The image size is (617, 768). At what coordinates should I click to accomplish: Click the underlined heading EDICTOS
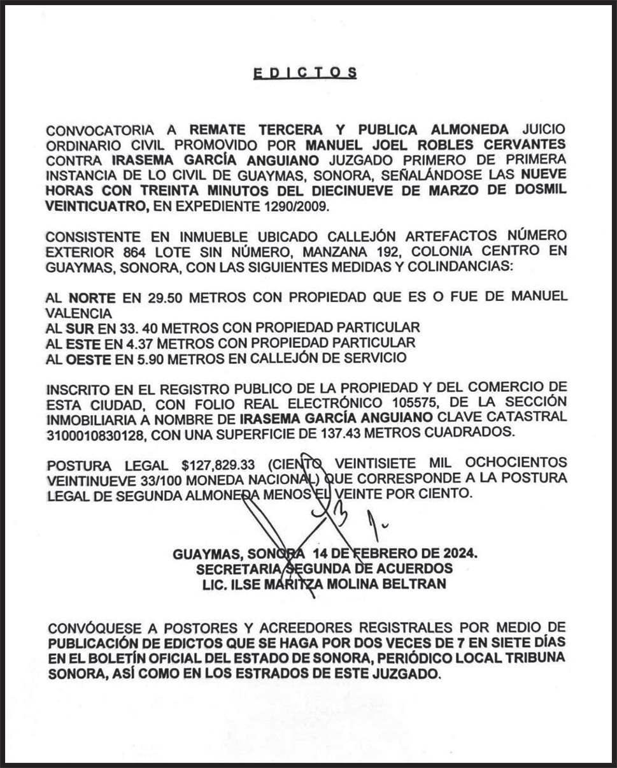[305, 73]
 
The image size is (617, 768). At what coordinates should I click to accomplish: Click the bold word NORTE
[92, 297]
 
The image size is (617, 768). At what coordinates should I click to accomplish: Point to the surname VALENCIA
[78, 312]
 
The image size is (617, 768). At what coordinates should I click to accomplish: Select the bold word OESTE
[92, 358]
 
